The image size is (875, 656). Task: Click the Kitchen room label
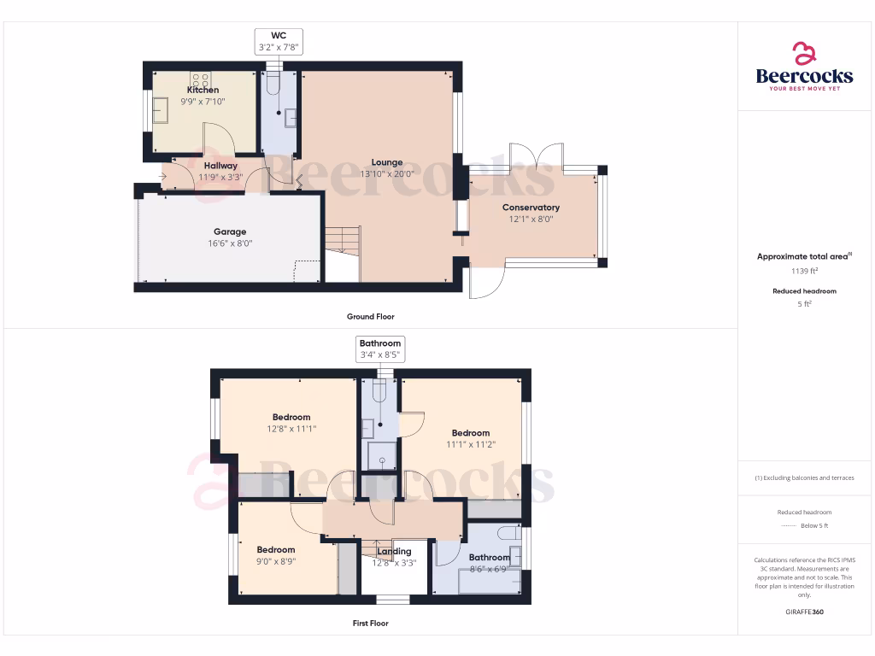point(203,90)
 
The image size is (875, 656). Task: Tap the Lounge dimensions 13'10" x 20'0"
point(386,173)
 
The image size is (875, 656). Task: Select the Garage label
point(230,231)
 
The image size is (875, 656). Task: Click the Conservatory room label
point(531,208)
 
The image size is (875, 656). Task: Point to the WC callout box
point(278,41)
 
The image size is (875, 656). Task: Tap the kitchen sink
point(160,108)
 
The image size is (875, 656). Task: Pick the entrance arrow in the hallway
point(163,178)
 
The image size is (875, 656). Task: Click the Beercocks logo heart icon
point(804,54)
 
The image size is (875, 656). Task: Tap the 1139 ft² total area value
point(804,271)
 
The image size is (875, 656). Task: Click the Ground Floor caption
point(370,317)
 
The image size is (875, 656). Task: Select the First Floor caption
point(370,624)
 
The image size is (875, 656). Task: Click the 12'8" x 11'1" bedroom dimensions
point(291,429)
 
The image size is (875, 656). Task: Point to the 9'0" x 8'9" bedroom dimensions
point(275,561)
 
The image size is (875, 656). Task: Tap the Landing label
point(395,552)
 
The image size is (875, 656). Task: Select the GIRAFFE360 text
point(804,612)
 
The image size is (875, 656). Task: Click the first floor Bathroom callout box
point(380,348)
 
